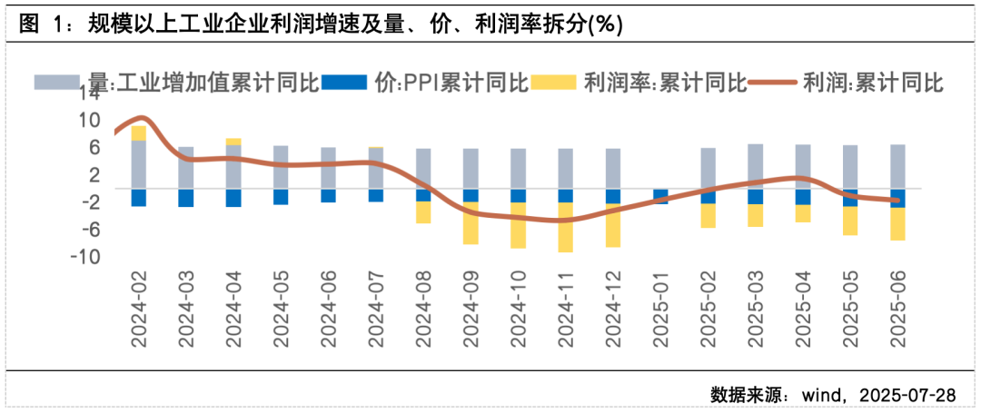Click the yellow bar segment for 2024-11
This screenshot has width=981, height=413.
coord(565,227)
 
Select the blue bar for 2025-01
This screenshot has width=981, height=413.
coord(659,196)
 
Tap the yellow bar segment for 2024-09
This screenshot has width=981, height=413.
coord(471,222)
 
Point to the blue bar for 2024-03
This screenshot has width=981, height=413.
coord(186,198)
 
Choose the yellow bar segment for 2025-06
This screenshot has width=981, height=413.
coord(897,223)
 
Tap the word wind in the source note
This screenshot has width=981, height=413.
coord(820,395)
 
